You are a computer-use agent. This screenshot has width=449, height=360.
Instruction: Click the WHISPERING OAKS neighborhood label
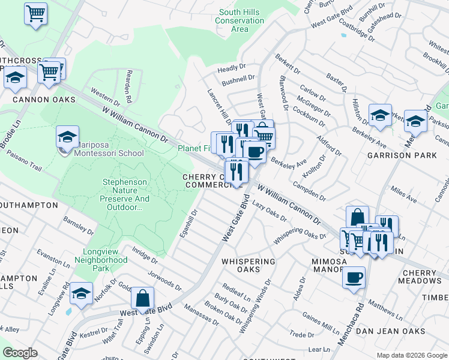click(x=248, y=265)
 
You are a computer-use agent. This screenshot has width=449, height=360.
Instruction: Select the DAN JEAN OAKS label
click(x=390, y=331)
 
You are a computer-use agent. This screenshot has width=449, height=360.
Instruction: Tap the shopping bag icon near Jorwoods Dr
click(x=143, y=297)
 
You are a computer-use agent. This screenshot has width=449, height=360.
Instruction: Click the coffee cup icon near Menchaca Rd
click(x=354, y=278)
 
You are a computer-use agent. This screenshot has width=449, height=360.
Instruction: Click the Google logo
click(x=20, y=353)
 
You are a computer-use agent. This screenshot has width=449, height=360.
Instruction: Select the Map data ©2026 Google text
click(x=411, y=355)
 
